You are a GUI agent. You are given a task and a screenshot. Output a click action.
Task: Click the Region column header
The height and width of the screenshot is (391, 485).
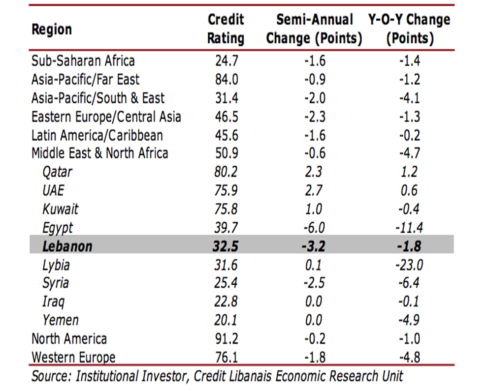click(x=51, y=29)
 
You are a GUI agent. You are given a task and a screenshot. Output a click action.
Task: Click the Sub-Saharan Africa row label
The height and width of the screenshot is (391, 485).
click(x=83, y=61)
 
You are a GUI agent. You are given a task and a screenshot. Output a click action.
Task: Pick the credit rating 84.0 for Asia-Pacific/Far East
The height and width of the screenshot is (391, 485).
click(x=226, y=80)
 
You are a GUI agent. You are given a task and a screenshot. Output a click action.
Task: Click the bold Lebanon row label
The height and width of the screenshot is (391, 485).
click(x=67, y=246)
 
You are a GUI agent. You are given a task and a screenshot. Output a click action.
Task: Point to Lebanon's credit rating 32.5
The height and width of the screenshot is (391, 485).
click(x=226, y=246)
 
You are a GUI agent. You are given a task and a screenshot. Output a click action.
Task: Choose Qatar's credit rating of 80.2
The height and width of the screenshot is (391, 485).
click(x=226, y=172)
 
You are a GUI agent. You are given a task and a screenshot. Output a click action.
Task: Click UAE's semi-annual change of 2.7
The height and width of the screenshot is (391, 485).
click(x=314, y=191)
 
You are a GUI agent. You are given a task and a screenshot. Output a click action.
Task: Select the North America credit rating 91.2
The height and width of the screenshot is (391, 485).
click(x=226, y=339)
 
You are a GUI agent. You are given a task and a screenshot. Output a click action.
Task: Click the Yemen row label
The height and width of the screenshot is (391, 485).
click(x=60, y=320)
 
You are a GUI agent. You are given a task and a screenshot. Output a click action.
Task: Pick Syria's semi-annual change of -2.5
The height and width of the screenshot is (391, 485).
click(x=314, y=283)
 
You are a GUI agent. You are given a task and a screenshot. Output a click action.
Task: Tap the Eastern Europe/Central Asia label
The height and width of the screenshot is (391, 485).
click(x=106, y=117)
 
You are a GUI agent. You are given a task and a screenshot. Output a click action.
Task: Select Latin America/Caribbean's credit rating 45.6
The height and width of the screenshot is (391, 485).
click(x=226, y=135)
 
